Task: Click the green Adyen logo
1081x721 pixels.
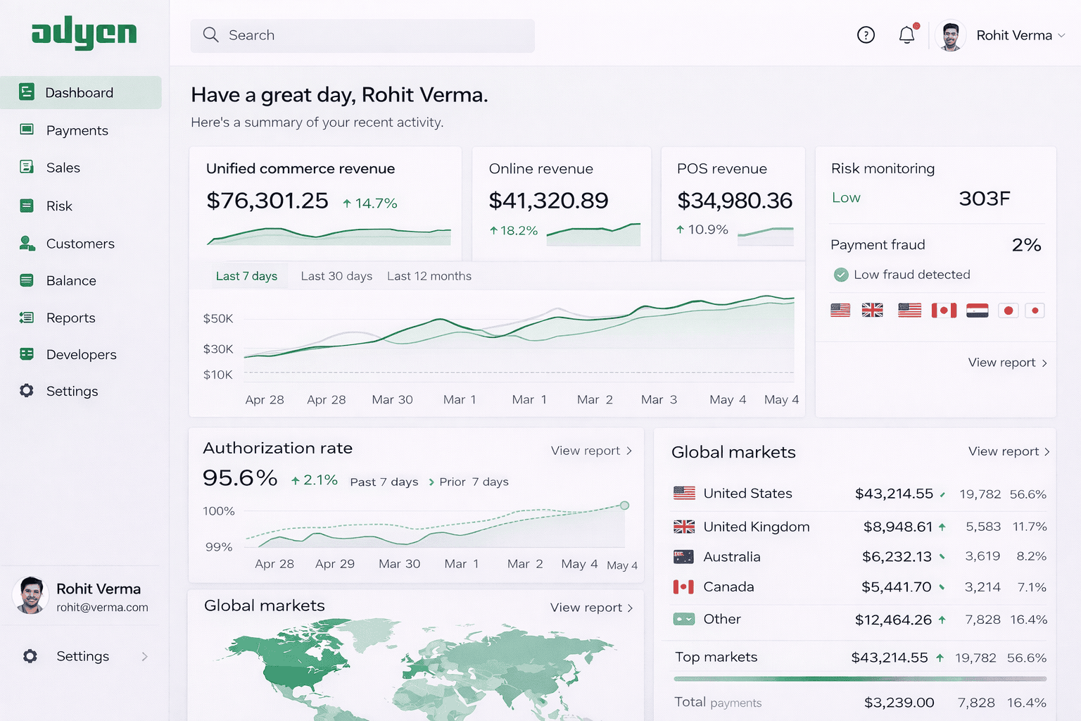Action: [84, 33]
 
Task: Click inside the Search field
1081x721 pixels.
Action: [362, 35]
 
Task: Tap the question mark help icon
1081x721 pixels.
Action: [866, 35]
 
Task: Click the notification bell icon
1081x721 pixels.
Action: [907, 35]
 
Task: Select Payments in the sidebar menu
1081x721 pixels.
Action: [77, 130]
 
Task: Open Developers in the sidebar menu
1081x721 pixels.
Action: [81, 354]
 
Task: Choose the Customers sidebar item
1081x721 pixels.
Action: [80, 244]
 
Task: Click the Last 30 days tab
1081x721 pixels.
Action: [336, 276]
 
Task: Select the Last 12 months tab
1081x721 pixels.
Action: [429, 276]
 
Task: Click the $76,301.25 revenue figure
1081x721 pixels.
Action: [267, 201]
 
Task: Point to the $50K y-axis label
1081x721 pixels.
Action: [218, 318]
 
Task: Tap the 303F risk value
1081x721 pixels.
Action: [984, 199]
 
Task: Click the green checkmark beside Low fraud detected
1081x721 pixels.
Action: [841, 275]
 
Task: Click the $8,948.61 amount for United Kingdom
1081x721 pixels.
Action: [897, 527]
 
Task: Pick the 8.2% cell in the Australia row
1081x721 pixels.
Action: [1031, 556]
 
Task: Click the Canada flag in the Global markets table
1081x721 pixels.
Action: [683, 587]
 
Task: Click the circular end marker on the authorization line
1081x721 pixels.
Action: [624, 506]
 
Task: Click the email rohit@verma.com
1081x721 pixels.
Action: [102, 607]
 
